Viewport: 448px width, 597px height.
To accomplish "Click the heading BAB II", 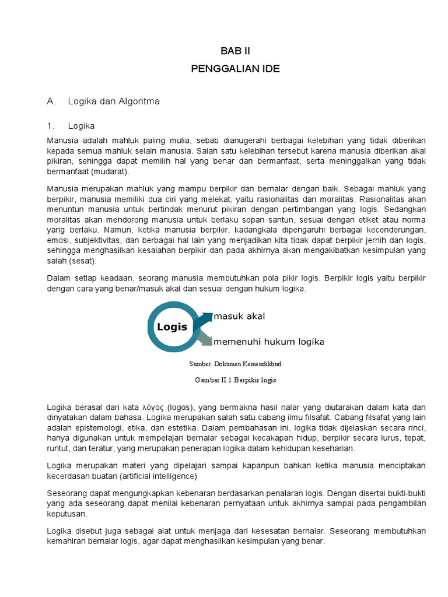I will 235,51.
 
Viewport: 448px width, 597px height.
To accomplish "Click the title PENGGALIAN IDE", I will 235,69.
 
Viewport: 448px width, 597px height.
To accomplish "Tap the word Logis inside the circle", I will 172,327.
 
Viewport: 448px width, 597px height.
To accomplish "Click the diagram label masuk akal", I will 239,316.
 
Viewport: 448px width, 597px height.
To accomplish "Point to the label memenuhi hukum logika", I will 268,341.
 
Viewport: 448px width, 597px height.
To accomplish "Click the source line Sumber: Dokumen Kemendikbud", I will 235,363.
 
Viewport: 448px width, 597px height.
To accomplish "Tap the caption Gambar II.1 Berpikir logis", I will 235,380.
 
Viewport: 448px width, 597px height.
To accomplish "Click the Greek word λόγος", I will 154,406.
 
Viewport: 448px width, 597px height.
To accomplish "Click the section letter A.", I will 51,101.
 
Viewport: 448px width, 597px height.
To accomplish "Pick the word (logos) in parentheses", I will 184,406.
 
